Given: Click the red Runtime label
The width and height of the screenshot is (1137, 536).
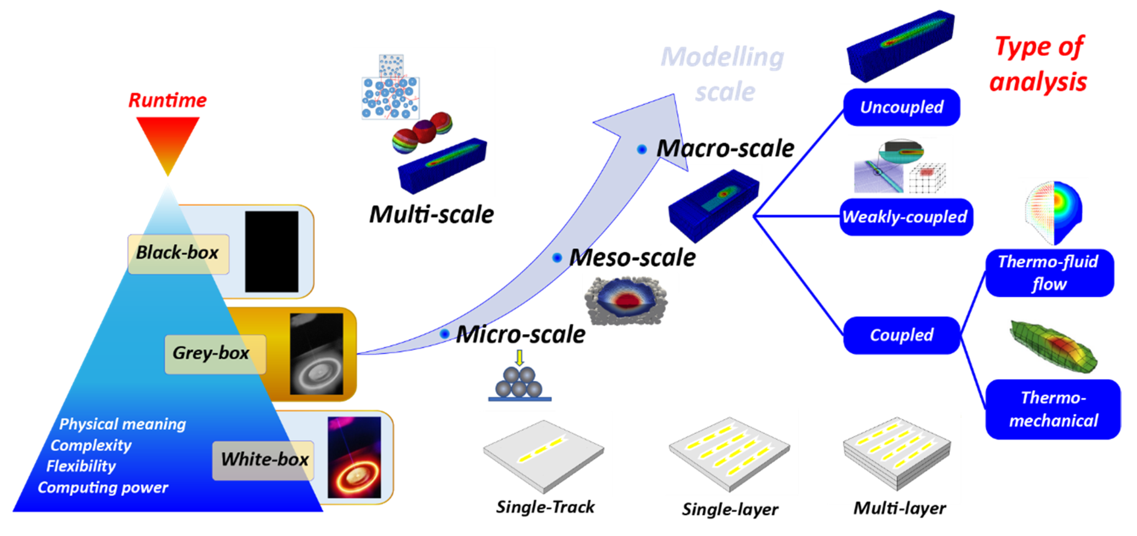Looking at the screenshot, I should tap(168, 100).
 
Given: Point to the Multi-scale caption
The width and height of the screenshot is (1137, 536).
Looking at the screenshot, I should tap(431, 214).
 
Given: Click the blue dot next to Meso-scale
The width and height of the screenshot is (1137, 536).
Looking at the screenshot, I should tap(557, 257).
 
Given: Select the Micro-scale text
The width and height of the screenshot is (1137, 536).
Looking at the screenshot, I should tap(521, 334).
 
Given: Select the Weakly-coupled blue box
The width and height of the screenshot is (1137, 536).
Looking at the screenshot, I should tap(906, 217).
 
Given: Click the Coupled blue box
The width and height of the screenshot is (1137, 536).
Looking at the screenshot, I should tap(901, 335).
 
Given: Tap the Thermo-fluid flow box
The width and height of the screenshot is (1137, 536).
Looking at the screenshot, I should tap(1049, 273).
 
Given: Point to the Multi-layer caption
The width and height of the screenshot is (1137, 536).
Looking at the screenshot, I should tap(900, 508).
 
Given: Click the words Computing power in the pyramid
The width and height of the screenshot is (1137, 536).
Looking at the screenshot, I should tap(103, 487).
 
